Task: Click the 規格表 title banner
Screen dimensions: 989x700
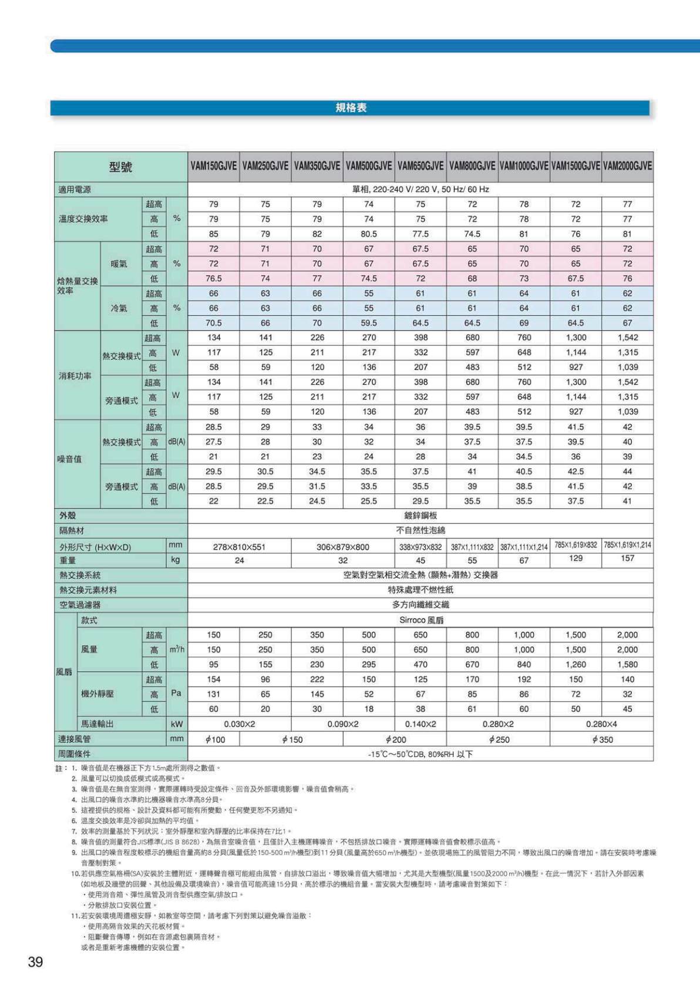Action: click(x=351, y=107)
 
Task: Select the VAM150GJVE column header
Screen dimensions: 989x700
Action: click(x=214, y=166)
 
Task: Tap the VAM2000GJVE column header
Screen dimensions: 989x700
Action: click(x=627, y=166)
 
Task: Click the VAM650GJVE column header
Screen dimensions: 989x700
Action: click(x=420, y=166)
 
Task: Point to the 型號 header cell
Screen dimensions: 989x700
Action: click(x=121, y=167)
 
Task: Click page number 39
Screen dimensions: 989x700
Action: click(x=35, y=961)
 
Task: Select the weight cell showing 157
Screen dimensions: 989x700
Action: click(x=627, y=558)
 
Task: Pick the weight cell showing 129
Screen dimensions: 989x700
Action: click(x=576, y=558)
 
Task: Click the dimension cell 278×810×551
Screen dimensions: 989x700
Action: click(x=239, y=547)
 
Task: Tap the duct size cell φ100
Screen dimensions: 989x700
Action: click(x=215, y=739)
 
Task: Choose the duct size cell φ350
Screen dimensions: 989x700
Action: click(x=602, y=739)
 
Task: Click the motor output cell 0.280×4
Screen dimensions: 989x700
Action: click(x=602, y=724)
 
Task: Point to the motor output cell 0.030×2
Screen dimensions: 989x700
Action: click(x=239, y=724)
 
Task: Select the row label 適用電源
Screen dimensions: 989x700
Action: click(x=75, y=190)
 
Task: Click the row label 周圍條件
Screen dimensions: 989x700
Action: click(x=75, y=753)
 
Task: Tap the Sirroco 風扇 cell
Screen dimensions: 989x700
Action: click(x=420, y=620)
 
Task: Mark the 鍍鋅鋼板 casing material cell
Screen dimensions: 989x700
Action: click(x=420, y=515)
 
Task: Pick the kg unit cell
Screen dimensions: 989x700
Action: click(x=176, y=560)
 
